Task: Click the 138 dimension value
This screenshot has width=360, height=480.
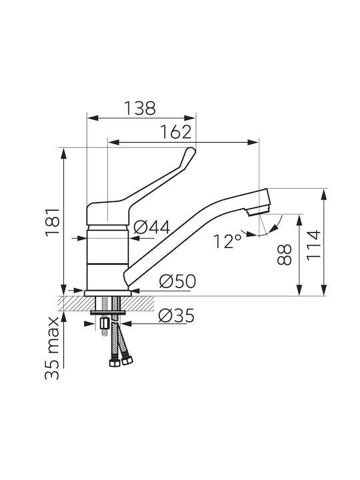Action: [140, 108]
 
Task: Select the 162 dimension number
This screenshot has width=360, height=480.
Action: [176, 132]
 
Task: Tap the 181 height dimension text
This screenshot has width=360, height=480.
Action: [53, 223]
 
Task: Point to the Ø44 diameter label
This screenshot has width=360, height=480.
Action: [152, 227]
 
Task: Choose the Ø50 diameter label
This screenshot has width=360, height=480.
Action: [177, 281]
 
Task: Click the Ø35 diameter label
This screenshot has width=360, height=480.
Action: [176, 315]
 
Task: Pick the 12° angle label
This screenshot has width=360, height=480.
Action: [227, 241]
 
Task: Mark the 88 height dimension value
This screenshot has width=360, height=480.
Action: [285, 255]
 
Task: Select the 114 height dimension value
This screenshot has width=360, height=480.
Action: [313, 245]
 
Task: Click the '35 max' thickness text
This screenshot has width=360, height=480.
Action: [52, 348]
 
